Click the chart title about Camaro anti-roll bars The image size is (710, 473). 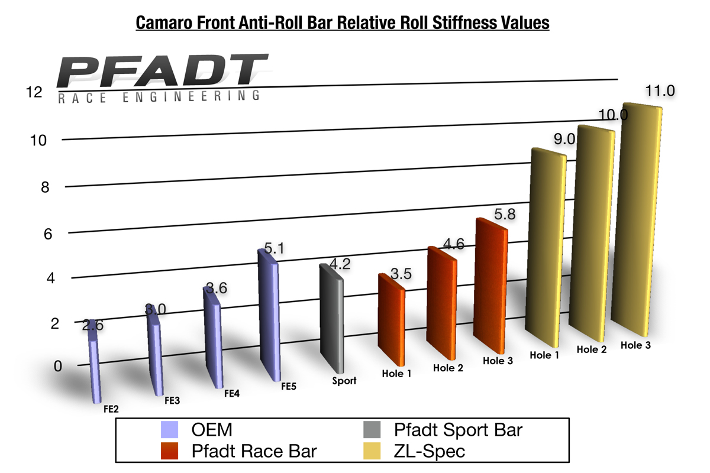coord(343,23)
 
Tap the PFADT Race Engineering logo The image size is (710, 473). coord(159,79)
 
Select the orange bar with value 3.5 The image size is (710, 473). coord(391,319)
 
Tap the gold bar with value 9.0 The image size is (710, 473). coord(546,248)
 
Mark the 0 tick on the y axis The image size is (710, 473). coord(57,365)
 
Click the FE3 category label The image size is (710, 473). coord(172,400)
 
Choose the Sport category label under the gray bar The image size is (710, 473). coord(344,381)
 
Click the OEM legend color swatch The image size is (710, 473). coord(170,430)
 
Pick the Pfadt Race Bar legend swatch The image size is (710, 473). coord(170,451)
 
